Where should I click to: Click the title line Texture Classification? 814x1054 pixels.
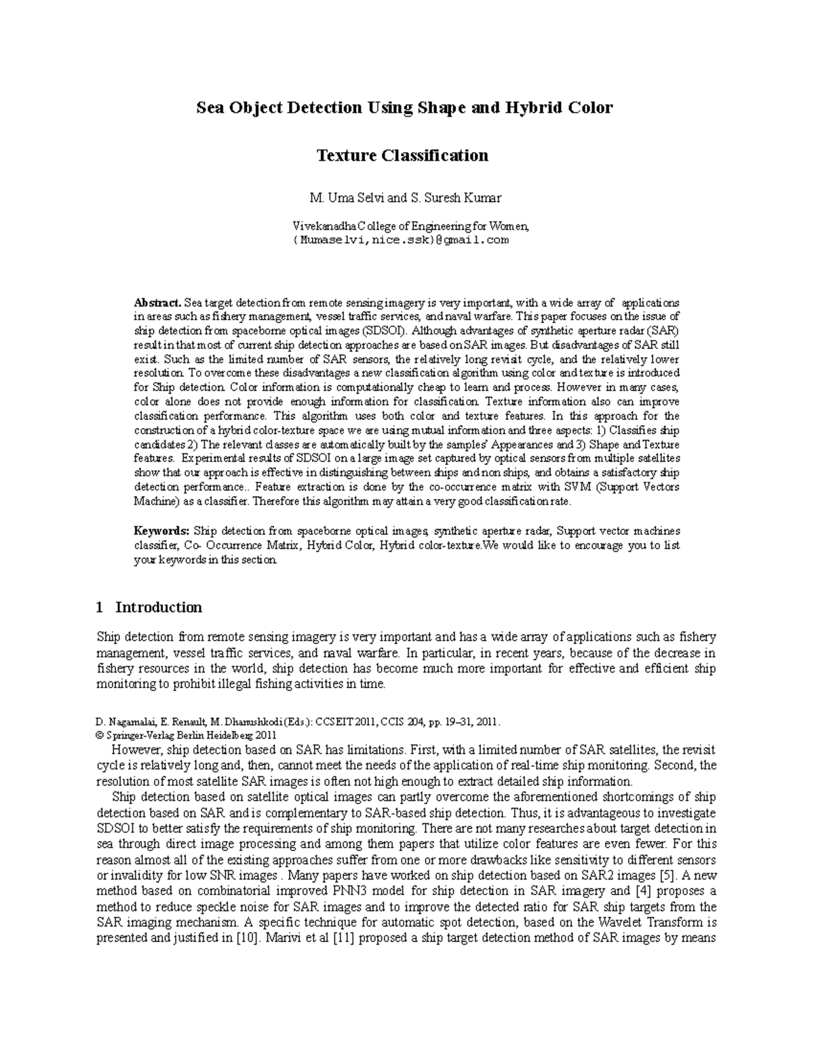pos(403,155)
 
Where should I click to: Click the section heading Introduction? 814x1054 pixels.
pos(159,607)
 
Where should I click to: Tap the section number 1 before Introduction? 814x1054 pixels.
pos(100,607)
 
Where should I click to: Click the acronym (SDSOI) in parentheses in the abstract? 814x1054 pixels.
pos(385,331)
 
